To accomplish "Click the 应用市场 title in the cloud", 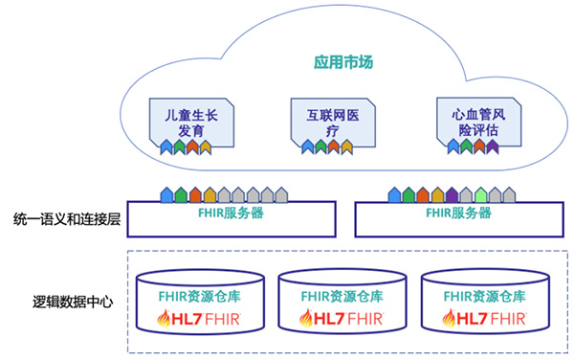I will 342,63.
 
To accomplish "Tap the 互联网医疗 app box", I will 327,123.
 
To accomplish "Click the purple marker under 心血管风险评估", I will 493,146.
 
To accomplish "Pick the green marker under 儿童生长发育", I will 179,146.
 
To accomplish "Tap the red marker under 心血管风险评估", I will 479,146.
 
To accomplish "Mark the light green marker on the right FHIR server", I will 480,195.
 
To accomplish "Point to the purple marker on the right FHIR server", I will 452,195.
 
